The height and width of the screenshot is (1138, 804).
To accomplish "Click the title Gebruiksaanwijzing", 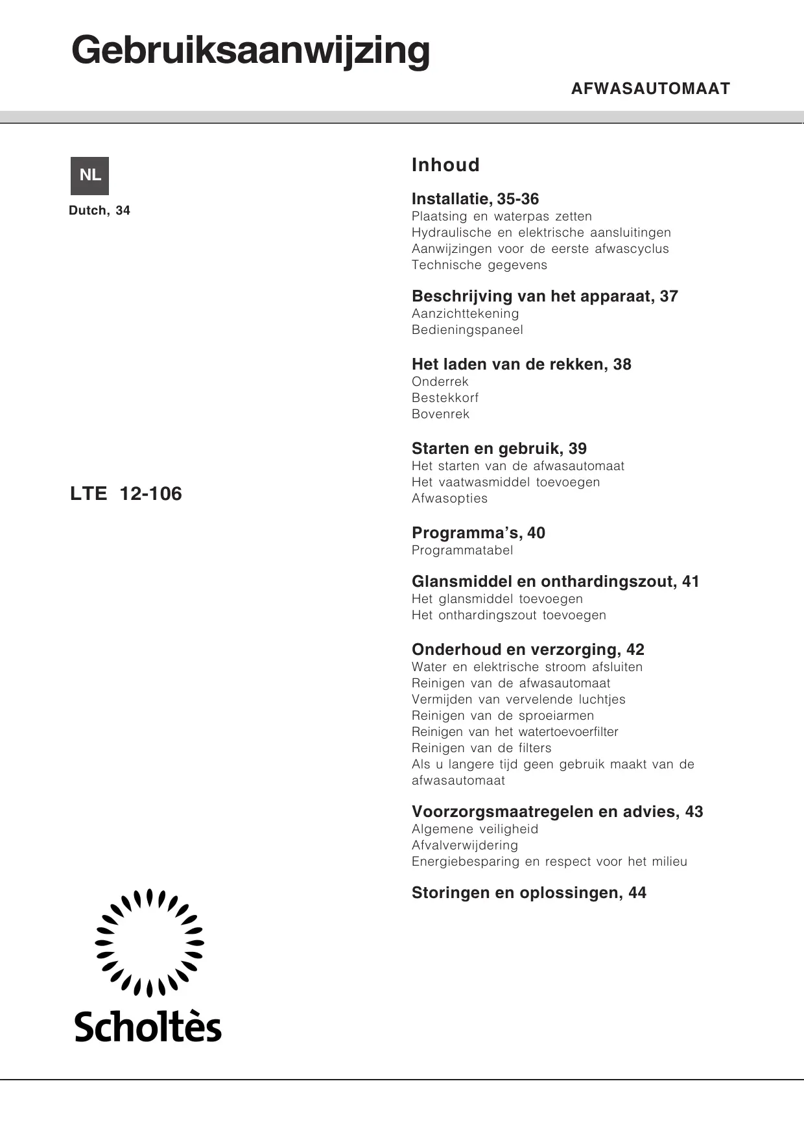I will point(250,51).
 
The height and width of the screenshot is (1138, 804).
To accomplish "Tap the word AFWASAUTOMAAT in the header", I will point(650,89).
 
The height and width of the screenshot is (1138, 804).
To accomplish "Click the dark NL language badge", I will point(89,175).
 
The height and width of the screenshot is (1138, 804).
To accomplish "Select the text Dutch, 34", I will point(99,211).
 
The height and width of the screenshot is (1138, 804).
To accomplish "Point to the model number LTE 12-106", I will point(126,494).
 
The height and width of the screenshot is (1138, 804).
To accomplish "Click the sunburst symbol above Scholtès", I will point(149,942).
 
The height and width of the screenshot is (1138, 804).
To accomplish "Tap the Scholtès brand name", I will point(148,1026).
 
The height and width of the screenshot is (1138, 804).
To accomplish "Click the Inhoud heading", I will point(445,165).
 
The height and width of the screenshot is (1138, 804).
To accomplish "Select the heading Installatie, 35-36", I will point(475,199).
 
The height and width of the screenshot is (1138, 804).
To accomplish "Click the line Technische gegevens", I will point(479,265).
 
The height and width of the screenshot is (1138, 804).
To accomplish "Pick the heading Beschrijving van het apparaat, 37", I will point(545,296).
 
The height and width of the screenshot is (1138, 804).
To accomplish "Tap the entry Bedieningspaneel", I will point(467,329).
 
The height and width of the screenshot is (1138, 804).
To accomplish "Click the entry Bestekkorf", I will point(445,397).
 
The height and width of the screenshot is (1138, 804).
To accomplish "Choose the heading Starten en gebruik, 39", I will point(499,449).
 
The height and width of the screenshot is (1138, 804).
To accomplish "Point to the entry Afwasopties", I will point(449,498).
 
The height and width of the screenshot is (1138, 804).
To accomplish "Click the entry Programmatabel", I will point(462,550).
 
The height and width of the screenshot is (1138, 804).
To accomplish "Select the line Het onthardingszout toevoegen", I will point(508,615).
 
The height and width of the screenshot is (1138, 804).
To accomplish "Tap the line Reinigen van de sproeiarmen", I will point(503,715).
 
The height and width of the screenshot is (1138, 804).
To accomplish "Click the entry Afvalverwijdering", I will point(464,845).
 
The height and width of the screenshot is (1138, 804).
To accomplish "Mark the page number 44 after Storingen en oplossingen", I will point(637,893).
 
